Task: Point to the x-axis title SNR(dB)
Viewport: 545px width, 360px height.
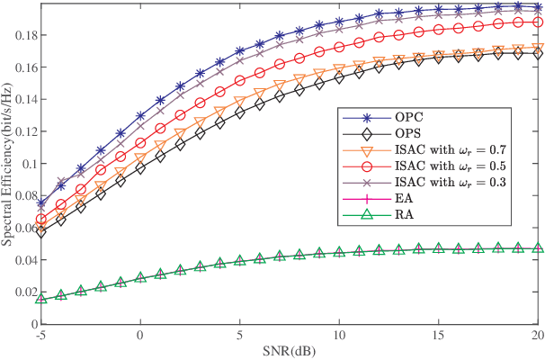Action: click(x=289, y=349)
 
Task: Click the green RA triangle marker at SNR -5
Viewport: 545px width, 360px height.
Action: click(x=40, y=298)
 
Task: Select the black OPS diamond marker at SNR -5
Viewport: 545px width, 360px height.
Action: click(x=40, y=230)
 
